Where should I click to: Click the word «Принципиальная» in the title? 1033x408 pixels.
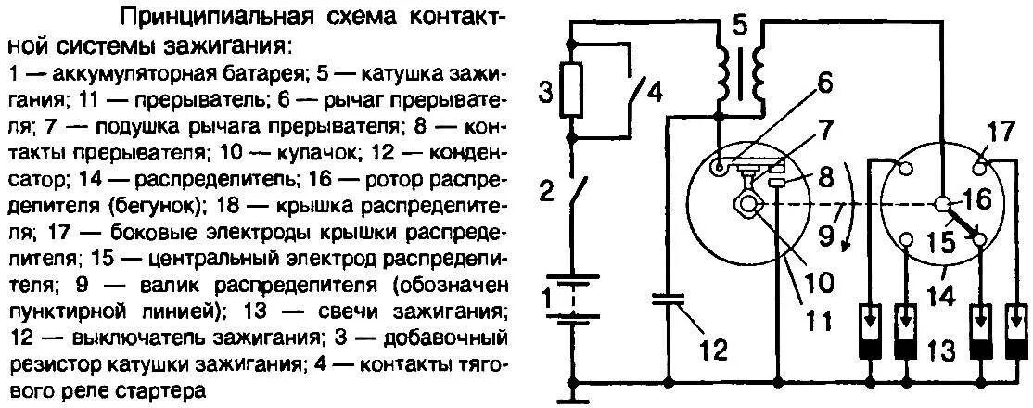pos(190,17)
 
